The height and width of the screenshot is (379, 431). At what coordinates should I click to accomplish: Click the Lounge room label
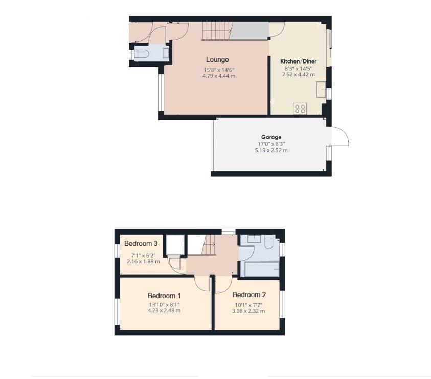pos(217,60)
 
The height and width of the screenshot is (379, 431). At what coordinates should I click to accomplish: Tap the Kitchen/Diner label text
pos(298,61)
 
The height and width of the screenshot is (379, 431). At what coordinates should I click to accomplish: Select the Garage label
pos(271,137)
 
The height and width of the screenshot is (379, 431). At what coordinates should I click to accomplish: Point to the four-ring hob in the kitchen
pos(300,109)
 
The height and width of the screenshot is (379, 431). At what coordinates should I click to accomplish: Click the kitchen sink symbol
pos(321,89)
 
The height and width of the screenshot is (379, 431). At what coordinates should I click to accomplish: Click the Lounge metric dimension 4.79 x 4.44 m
pos(218,76)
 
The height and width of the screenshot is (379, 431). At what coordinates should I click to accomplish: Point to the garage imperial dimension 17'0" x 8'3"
pos(271,144)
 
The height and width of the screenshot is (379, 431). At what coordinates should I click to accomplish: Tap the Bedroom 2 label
pos(249,295)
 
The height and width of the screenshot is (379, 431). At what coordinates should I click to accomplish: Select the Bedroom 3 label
pos(140,243)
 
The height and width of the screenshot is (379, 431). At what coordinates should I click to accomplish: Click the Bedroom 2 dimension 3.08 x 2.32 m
pos(249,310)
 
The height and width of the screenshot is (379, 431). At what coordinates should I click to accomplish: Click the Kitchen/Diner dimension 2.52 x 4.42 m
pos(298,74)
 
